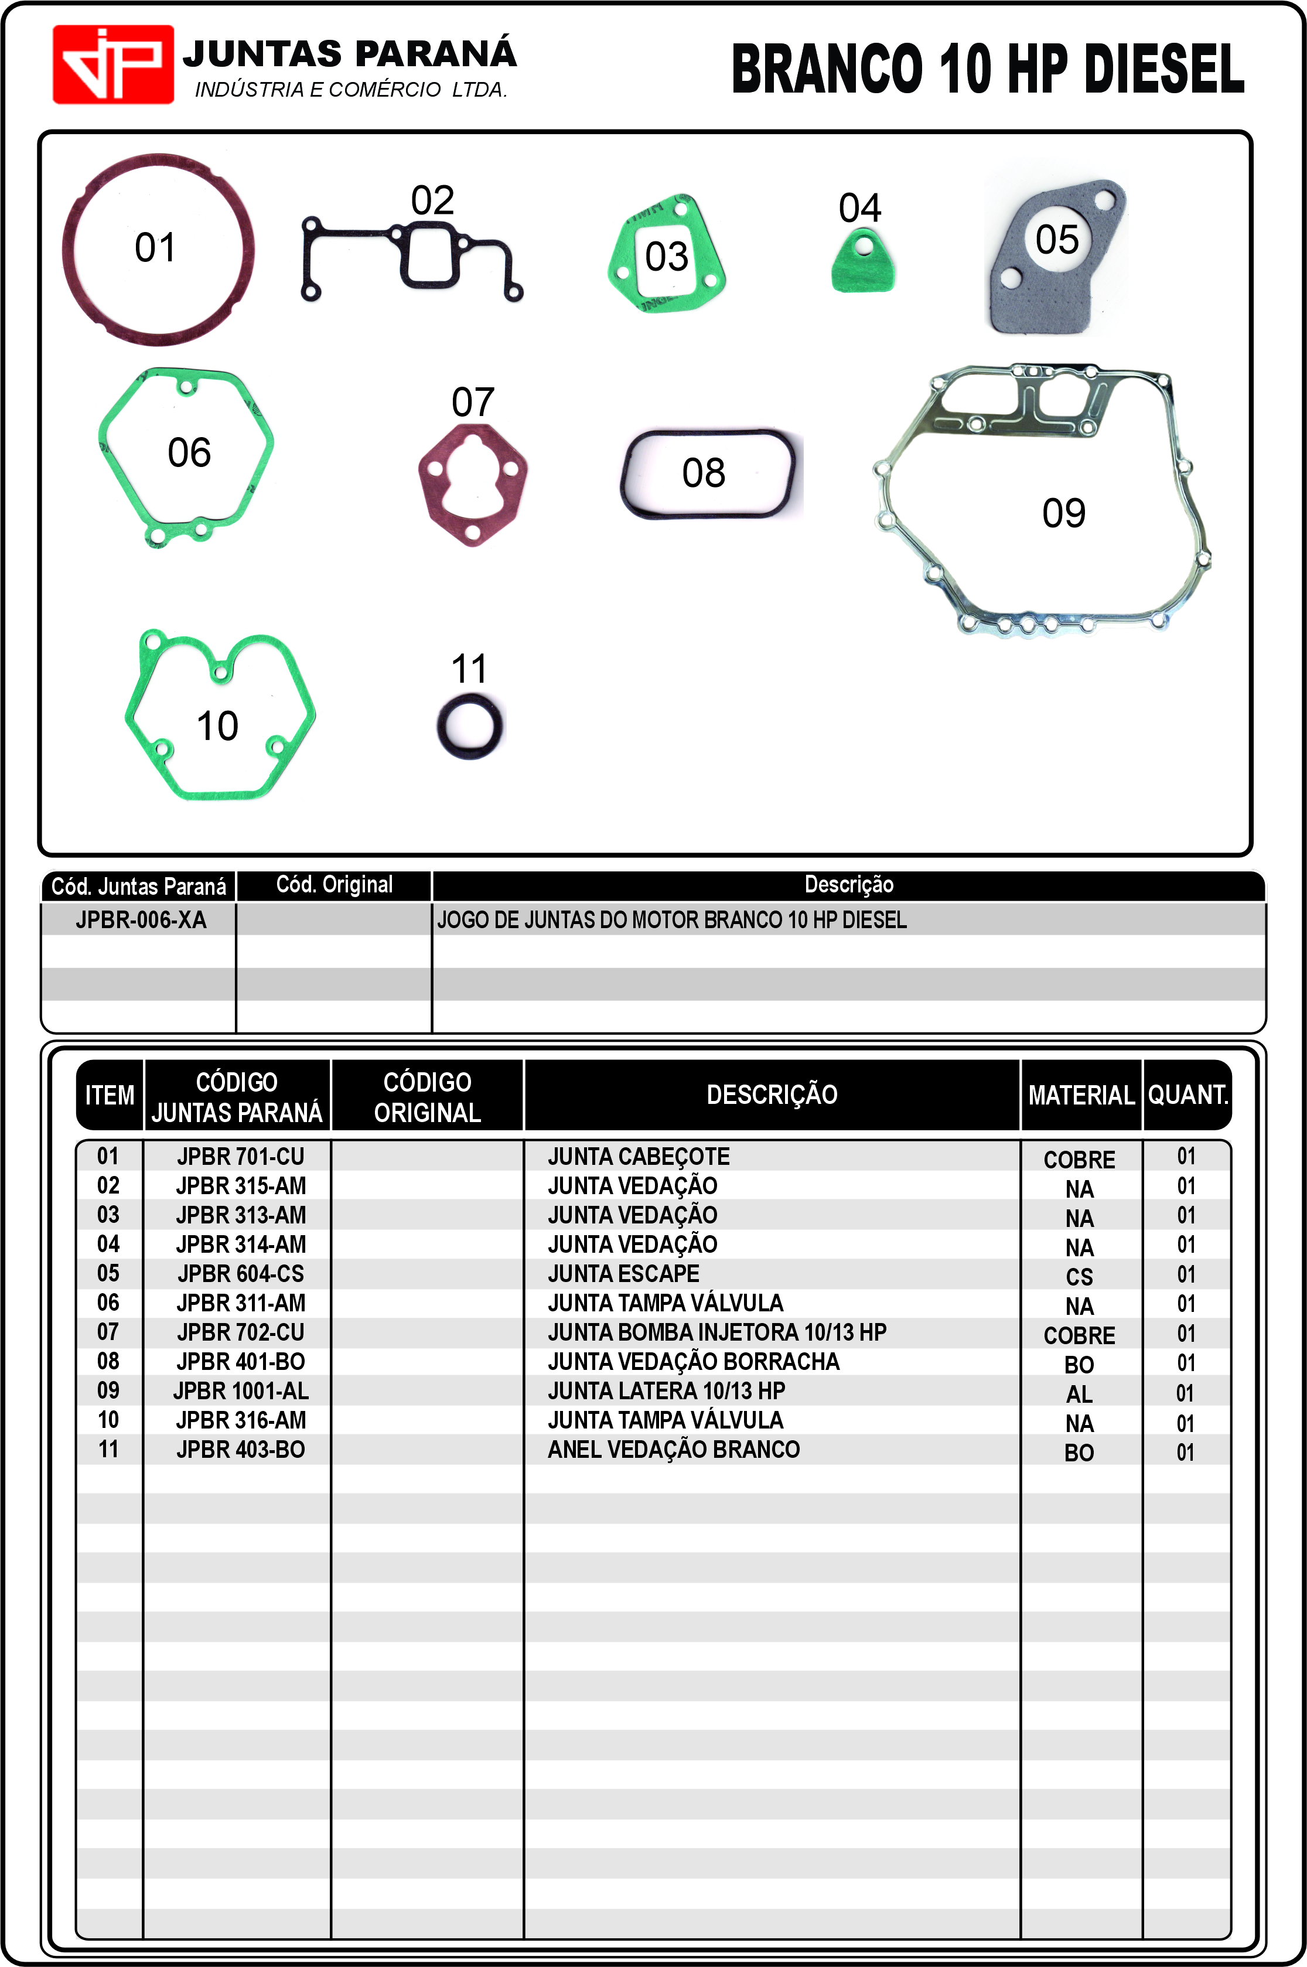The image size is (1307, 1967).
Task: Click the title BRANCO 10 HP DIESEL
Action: pos(987,69)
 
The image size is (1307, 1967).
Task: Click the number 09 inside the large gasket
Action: pos(1064,513)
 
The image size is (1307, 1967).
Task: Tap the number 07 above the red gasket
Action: pos(473,403)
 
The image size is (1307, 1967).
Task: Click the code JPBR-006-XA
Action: pos(140,919)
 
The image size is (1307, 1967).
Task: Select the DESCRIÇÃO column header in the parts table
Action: pos(772,1095)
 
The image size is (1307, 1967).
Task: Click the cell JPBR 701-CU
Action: pos(240,1156)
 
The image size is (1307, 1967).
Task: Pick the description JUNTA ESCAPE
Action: pos(623,1274)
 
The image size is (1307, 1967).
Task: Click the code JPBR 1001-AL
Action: pos(240,1391)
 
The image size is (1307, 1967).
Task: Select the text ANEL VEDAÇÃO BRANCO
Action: pos(674,1450)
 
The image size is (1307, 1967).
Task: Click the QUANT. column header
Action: pos(1187,1095)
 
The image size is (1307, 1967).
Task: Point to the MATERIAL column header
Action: pos(1081,1095)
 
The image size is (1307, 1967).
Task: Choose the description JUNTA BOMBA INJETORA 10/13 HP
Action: pos(717,1332)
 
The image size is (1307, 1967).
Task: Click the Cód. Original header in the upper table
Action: pos(335,884)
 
